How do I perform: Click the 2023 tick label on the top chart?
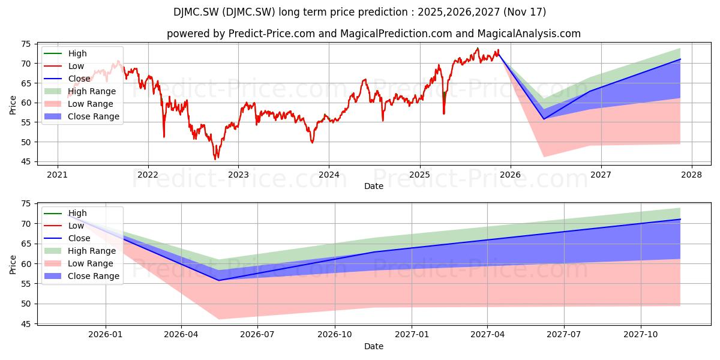tap(238, 175)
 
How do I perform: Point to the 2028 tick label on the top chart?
tap(692, 175)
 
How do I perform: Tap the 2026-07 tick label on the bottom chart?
tap(257, 335)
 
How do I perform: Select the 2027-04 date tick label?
tap(487, 335)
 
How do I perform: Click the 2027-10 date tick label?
tap(641, 335)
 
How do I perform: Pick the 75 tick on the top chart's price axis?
tap(26, 44)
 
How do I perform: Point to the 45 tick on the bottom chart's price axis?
tap(26, 324)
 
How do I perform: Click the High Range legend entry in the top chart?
tap(80, 91)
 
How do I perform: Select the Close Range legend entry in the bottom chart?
tap(82, 276)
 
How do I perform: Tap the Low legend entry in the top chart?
tap(64, 66)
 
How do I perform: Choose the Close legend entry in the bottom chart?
tap(67, 238)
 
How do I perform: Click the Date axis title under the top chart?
tap(373, 186)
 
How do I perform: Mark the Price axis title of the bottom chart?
tap(13, 265)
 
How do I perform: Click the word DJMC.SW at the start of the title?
tap(196, 12)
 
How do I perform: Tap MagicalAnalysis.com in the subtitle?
tap(529, 34)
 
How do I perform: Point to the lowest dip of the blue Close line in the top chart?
tap(544, 119)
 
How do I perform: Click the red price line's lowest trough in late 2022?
tap(215, 159)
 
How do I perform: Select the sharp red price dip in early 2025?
tap(444, 113)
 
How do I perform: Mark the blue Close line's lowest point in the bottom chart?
tap(219, 281)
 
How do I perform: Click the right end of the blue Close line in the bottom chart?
tap(680, 219)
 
